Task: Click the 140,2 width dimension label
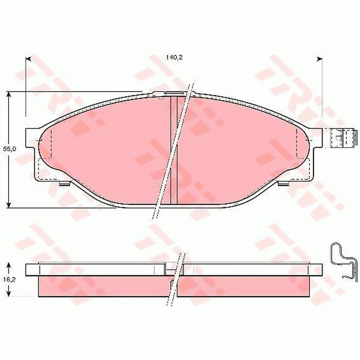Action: [174, 58]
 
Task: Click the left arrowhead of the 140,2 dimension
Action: [28, 59]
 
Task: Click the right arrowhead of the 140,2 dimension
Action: [319, 59]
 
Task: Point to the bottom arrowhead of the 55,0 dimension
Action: [8, 205]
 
